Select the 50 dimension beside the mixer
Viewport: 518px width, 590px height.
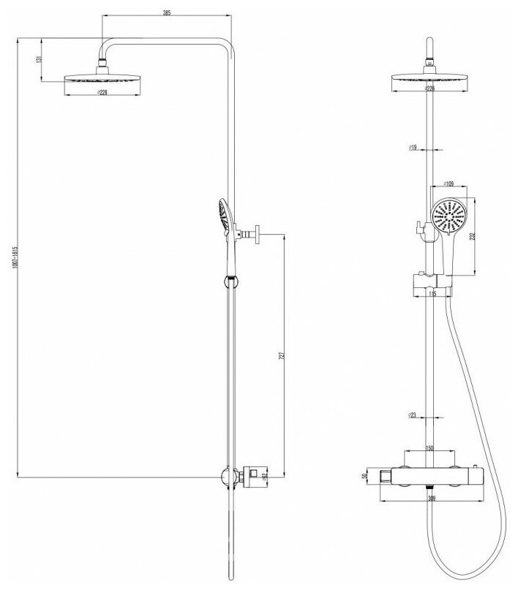click(x=364, y=476)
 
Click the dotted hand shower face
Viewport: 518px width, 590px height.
click(x=448, y=216)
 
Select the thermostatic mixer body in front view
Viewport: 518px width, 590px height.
click(x=430, y=476)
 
